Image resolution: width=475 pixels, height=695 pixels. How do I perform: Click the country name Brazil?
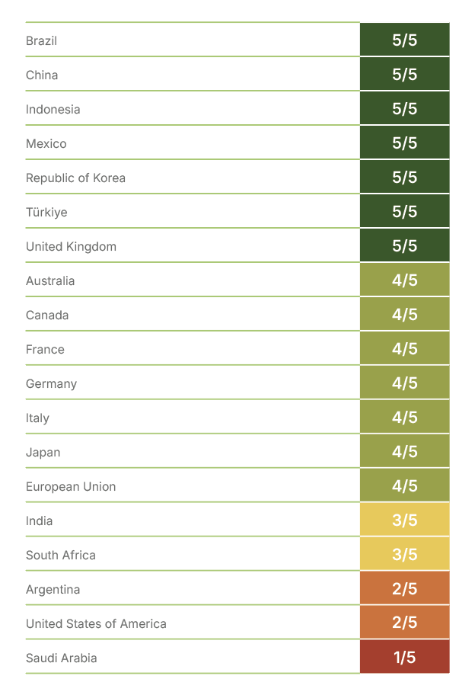click(41, 40)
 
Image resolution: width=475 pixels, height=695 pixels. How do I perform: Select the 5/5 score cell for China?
click(404, 75)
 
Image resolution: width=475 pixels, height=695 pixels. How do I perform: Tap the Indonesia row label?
click(53, 109)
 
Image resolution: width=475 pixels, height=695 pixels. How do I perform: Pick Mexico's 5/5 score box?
click(404, 143)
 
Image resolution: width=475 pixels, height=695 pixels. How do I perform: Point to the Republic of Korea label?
click(75, 178)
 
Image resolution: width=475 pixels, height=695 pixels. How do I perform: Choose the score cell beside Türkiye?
click(404, 212)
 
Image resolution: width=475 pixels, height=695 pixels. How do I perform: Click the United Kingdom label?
click(71, 246)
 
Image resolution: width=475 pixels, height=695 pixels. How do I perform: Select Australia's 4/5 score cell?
click(404, 280)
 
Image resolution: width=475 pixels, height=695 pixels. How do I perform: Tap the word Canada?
click(47, 315)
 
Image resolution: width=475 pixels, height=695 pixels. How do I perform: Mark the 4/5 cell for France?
click(404, 349)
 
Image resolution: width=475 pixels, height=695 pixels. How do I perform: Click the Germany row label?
click(51, 383)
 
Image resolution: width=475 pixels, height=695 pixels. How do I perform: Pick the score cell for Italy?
click(404, 418)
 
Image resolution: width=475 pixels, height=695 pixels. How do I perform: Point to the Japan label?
click(43, 452)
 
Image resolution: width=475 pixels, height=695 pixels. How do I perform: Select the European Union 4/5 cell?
click(404, 486)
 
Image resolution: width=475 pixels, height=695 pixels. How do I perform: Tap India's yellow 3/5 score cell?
click(404, 520)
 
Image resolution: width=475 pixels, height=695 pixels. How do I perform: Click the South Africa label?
click(61, 555)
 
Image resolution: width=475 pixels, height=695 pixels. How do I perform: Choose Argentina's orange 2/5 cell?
click(404, 589)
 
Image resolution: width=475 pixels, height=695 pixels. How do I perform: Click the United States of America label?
click(96, 623)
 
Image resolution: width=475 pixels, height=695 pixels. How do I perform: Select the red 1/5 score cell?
click(404, 658)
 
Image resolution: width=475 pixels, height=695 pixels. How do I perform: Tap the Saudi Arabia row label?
click(62, 658)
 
